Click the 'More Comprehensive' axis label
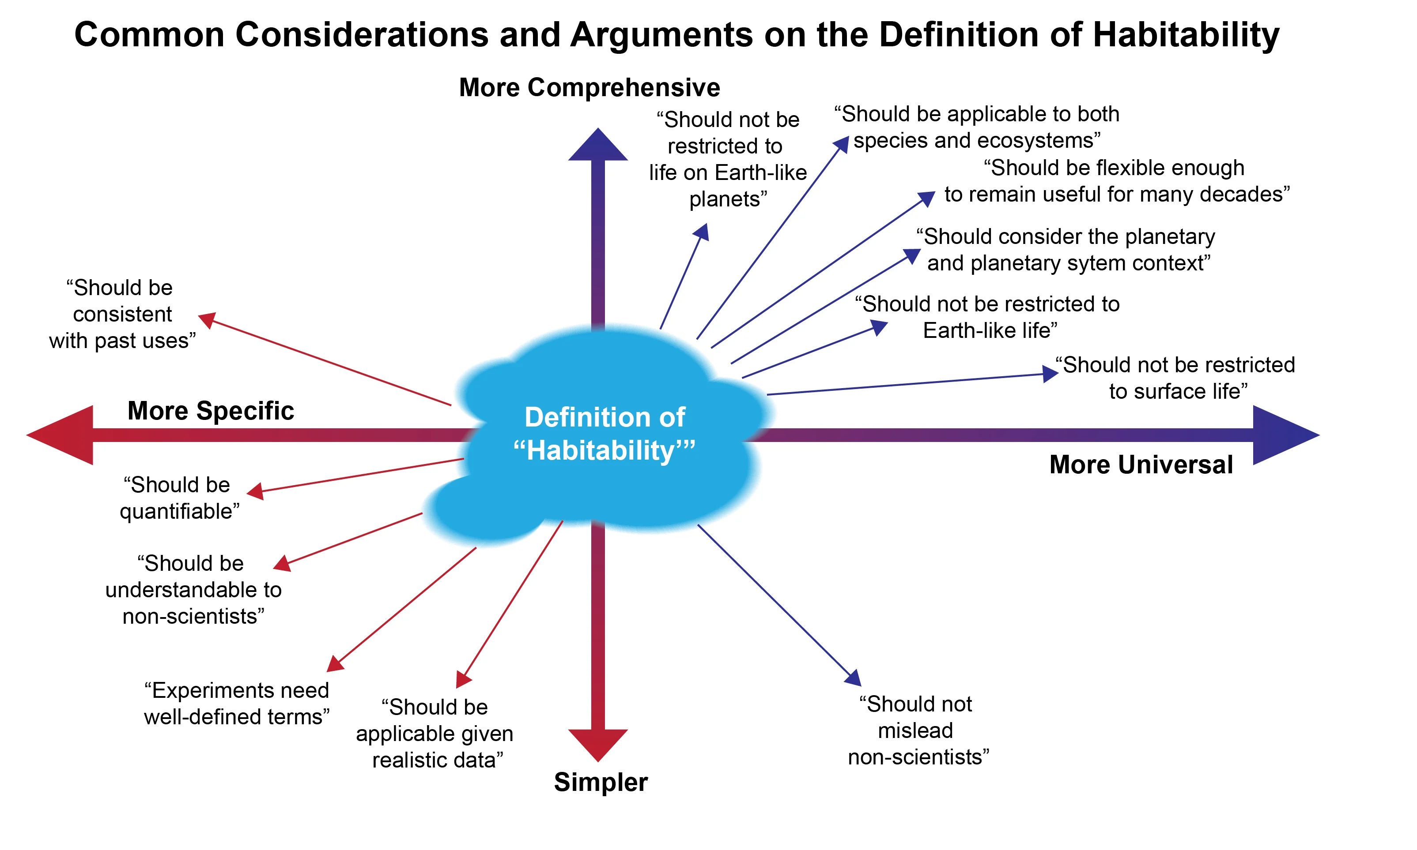(589, 88)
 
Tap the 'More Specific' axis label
(210, 411)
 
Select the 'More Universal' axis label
(1141, 464)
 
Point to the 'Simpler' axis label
(601, 782)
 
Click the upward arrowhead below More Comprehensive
(598, 146)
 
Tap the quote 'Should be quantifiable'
(179, 498)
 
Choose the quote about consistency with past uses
(122, 314)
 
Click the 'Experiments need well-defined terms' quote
(237, 704)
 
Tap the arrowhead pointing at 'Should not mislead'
(854, 678)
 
